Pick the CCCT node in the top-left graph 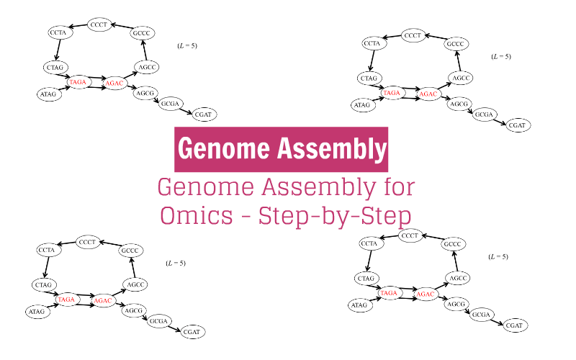pyautogui.click(x=99, y=25)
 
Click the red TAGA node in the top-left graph pyautogui.click(x=78, y=83)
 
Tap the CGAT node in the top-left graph pyautogui.click(x=204, y=114)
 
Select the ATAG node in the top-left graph pyautogui.click(x=48, y=94)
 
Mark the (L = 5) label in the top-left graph pyautogui.click(x=187, y=46)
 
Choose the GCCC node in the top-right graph pyautogui.click(x=455, y=45)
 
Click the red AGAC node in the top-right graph pyautogui.click(x=428, y=94)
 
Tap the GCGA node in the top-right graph pyautogui.click(x=485, y=115)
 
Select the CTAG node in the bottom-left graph pyautogui.click(x=45, y=285)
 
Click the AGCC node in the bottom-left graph pyautogui.click(x=137, y=285)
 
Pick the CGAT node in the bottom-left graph pyautogui.click(x=192, y=332)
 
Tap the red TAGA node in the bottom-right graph pyautogui.click(x=389, y=293)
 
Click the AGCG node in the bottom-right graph pyautogui.click(x=456, y=305)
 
